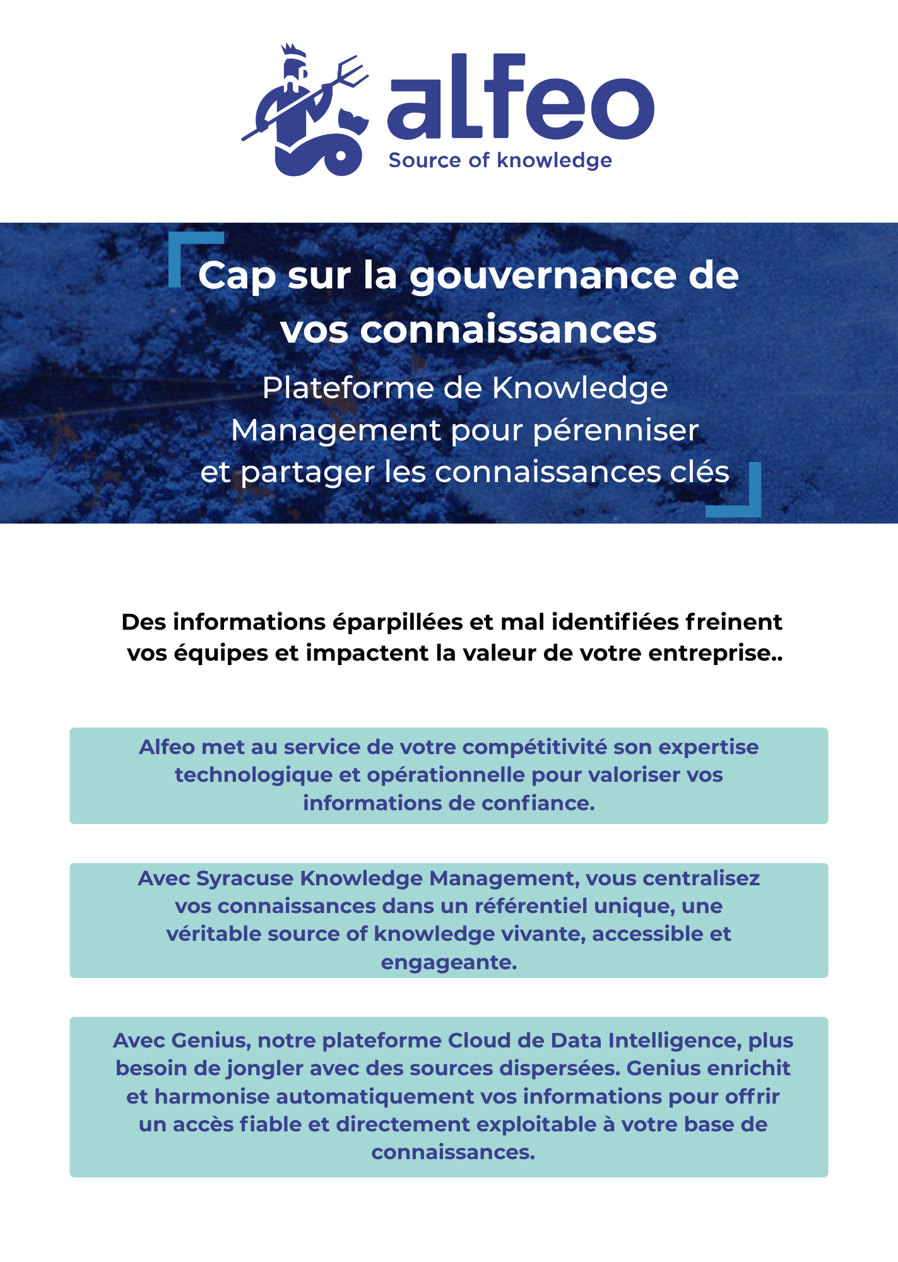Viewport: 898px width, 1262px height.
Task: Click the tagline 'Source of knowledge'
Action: [500, 160]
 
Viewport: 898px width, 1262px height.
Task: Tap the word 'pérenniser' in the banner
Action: [616, 430]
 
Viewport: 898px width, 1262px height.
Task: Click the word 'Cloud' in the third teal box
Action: [479, 1041]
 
